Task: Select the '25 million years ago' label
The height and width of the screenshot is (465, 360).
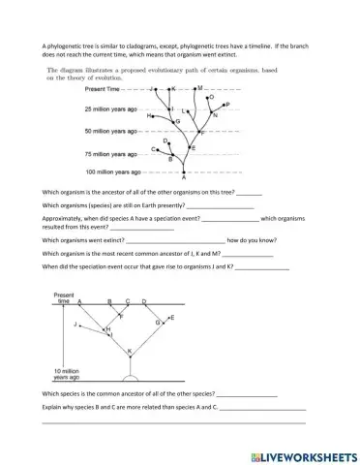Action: (115, 108)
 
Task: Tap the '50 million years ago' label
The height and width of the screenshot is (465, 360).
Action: (115, 130)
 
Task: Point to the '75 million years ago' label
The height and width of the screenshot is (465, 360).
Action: (115, 153)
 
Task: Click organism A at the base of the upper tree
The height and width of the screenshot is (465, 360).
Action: (184, 179)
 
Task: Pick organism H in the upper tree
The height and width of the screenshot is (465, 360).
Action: (149, 115)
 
